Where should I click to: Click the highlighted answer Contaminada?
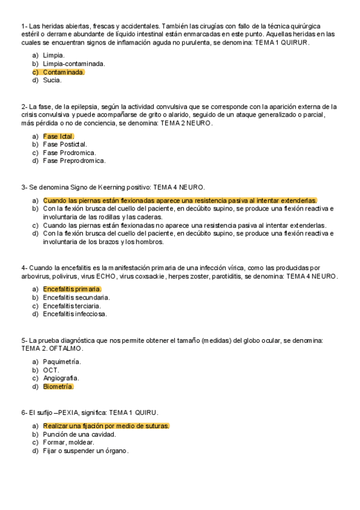click(64, 72)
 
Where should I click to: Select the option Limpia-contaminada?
click(74, 63)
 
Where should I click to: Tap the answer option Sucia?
click(52, 80)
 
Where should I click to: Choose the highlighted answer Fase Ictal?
click(58, 136)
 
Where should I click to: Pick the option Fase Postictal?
click(65, 144)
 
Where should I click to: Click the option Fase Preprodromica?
click(74, 161)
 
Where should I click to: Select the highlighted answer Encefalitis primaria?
click(72, 289)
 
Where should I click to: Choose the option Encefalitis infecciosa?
click(75, 314)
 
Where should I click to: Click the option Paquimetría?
click(62, 361)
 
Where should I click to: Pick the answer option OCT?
click(51, 370)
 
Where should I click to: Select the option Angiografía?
click(61, 378)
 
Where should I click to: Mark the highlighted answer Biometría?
click(58, 387)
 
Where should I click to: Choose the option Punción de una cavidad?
click(79, 434)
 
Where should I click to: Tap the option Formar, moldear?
click(69, 443)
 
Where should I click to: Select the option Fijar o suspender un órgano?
click(86, 451)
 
